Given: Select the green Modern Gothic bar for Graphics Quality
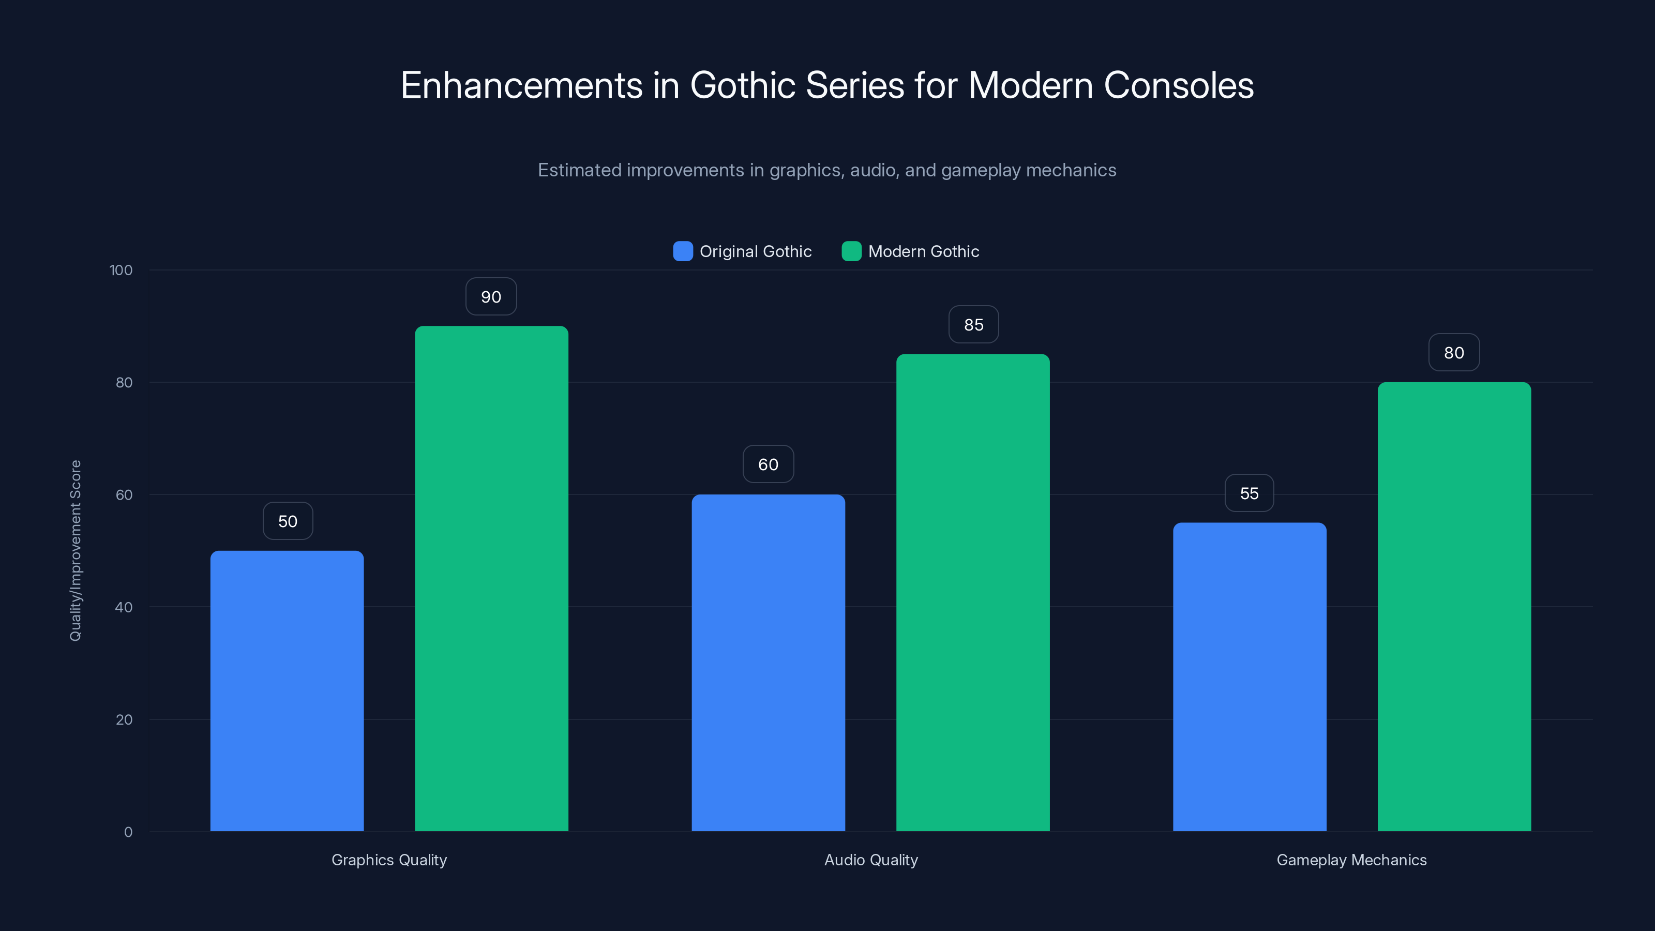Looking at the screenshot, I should click(x=491, y=578).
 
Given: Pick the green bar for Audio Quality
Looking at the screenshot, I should click(x=973, y=592).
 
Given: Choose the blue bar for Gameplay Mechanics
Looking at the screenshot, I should click(x=1250, y=677).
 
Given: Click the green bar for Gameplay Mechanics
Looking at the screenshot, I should click(x=1454, y=607).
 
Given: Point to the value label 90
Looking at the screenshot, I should click(x=491, y=297).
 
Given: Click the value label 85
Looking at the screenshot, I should click(x=973, y=325).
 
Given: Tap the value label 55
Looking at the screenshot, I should click(x=1249, y=493).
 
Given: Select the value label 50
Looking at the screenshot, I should click(x=288, y=521).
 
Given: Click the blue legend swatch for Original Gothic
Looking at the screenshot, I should click(x=682, y=251).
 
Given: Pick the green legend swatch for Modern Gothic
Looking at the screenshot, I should click(x=851, y=251).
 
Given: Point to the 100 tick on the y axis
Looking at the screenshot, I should click(x=121, y=271).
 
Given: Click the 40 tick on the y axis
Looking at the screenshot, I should click(x=124, y=607).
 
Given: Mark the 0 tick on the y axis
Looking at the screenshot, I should click(x=128, y=832).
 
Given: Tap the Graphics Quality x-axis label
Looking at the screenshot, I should click(x=389, y=860).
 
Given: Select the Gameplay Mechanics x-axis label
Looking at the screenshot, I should click(x=1351, y=860).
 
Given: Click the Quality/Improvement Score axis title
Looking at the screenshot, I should click(x=76, y=551).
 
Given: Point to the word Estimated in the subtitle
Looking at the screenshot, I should click(x=579, y=170).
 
